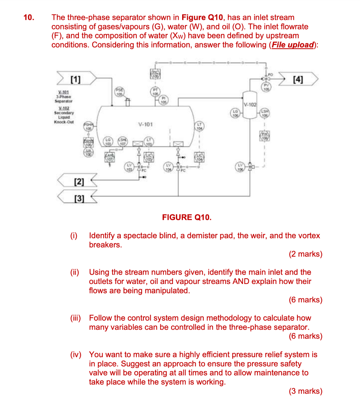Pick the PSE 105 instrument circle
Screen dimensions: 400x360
pyautogui.click(x=119, y=92)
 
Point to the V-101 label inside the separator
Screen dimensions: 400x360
pyautogui.click(x=145, y=125)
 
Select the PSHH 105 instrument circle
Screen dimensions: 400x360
pyautogui.click(x=88, y=126)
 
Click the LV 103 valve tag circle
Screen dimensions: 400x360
pyautogui.click(x=129, y=169)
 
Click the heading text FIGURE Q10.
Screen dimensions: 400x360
pyautogui.click(x=187, y=217)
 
